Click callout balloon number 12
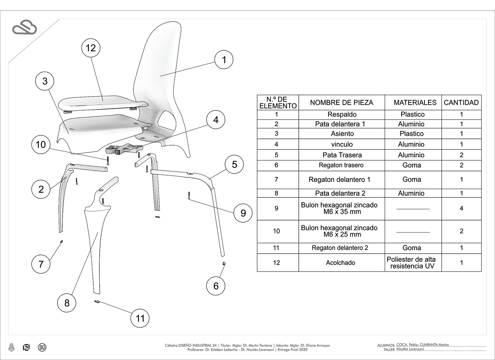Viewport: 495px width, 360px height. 91,48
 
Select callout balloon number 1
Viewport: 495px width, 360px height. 224,60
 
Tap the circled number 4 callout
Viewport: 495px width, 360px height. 216,120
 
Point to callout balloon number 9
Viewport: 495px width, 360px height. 243,213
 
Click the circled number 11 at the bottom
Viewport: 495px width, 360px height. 140,318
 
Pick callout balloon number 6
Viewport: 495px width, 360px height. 216,286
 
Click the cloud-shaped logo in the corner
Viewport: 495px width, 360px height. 24,28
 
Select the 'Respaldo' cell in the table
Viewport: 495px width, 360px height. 342,114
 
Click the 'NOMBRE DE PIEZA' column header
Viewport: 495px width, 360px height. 341,102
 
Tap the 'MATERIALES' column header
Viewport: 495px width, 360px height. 415,102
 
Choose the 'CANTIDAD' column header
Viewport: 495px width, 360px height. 461,102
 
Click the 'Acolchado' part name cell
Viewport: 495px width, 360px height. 340,262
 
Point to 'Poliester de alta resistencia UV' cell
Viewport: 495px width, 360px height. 412,262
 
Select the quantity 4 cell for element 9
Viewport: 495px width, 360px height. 461,208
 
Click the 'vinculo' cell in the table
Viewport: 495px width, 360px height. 342,144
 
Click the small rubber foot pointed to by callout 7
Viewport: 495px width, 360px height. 62,241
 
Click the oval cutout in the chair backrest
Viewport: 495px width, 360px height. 166,120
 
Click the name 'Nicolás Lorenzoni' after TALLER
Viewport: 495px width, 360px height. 410,349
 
